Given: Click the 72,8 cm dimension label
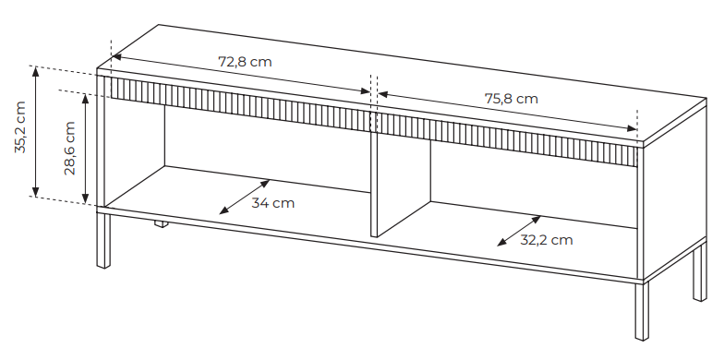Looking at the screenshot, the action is point(245,62).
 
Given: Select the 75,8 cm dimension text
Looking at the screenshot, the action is point(512,99).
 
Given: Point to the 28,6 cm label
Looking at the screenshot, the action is point(70,148).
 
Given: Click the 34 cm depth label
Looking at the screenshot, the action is point(273,203).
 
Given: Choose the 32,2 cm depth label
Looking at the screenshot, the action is point(547,240).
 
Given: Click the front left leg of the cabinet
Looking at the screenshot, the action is point(103,240).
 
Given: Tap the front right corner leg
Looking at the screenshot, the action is point(642,312).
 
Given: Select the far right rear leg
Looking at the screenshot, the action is point(700,272).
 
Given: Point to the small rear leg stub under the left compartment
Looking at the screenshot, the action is point(161,223).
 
